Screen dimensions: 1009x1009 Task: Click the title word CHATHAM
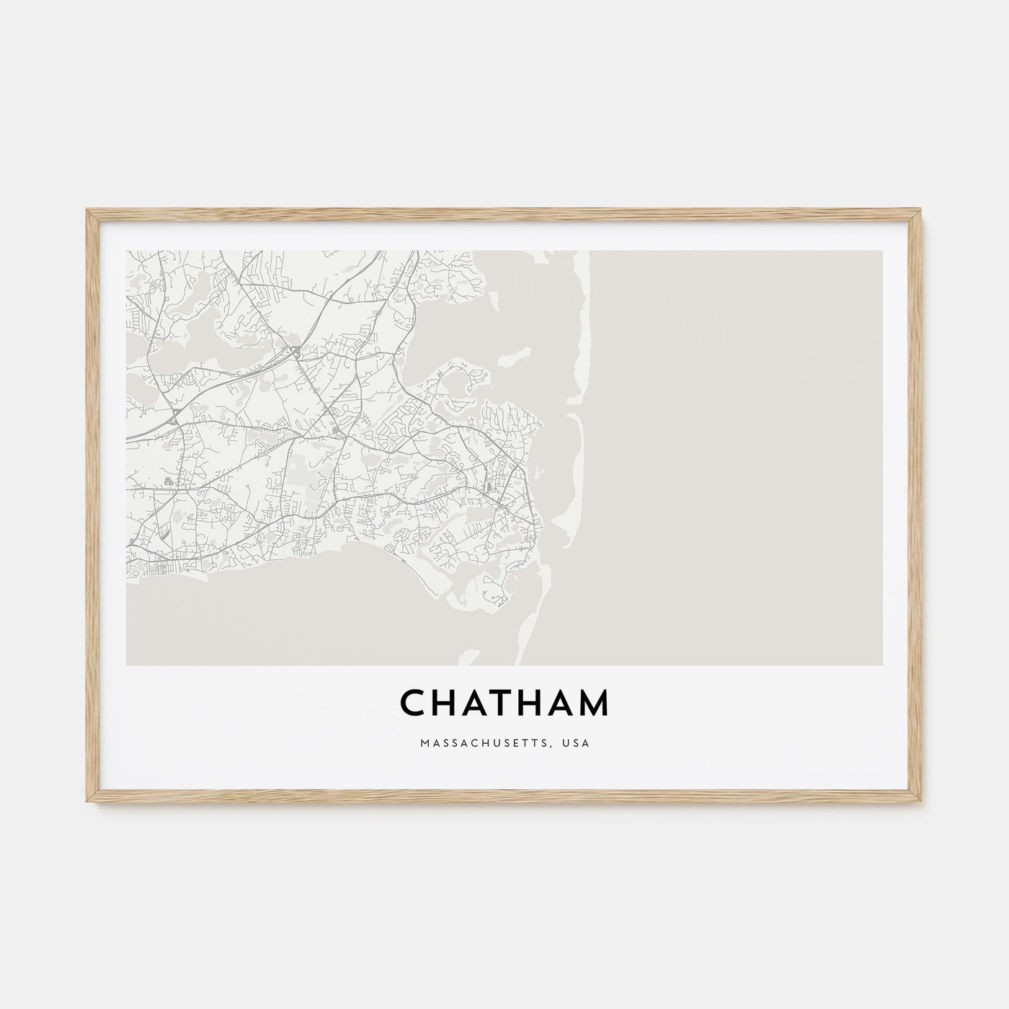click(x=504, y=703)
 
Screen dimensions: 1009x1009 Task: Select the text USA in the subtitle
click(x=577, y=743)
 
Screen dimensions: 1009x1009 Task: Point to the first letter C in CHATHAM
click(x=412, y=703)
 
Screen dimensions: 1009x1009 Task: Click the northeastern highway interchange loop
click(x=296, y=352)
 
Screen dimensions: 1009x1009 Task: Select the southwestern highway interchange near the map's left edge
click(x=175, y=416)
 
